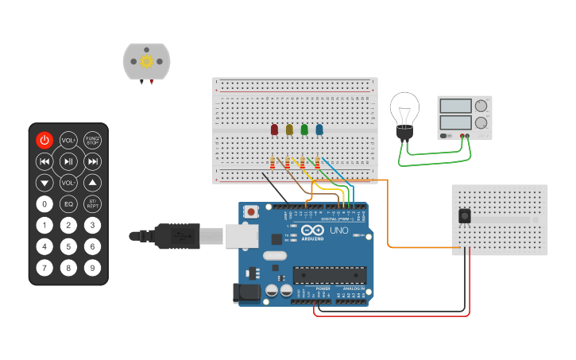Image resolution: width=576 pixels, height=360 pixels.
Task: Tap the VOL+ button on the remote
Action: click(68, 140)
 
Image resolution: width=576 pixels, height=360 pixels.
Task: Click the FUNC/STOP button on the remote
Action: click(93, 140)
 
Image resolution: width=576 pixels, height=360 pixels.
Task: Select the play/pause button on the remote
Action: click(68, 161)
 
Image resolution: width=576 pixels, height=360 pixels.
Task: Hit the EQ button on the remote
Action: click(68, 203)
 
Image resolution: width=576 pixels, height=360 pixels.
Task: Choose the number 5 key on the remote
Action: click(68, 246)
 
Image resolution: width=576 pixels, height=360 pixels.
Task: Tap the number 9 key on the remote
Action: click(93, 267)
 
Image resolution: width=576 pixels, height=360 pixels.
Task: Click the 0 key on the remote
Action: click(44, 203)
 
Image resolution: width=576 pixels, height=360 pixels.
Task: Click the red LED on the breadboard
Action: click(274, 129)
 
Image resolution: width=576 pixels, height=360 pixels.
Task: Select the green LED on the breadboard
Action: click(304, 129)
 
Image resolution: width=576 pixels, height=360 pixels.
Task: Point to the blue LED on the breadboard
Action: click(319, 129)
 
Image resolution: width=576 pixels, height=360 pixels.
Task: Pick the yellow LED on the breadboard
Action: click(289, 129)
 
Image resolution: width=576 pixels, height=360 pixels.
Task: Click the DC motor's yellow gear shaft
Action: click(146, 61)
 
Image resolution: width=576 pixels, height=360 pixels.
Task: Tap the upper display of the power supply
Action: click(455, 106)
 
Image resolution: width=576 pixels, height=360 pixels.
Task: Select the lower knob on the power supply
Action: click(481, 122)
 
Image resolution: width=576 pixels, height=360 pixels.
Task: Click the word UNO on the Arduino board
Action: click(339, 230)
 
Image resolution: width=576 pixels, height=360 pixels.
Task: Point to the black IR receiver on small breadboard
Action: click(465, 215)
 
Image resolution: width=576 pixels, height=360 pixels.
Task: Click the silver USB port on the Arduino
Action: click(241, 236)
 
